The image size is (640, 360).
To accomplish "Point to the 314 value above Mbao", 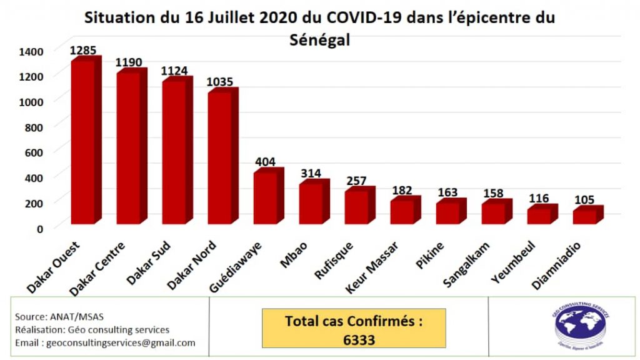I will click(311, 172).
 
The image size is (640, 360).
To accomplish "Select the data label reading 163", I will click(447, 192).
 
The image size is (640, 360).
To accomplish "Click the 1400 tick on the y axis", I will click(31, 51).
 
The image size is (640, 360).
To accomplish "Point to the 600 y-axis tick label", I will click(34, 152).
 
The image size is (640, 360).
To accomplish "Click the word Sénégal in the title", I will click(320, 39).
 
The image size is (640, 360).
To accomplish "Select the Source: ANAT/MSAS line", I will click(51, 316).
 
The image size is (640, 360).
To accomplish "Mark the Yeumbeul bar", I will click(539, 215).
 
